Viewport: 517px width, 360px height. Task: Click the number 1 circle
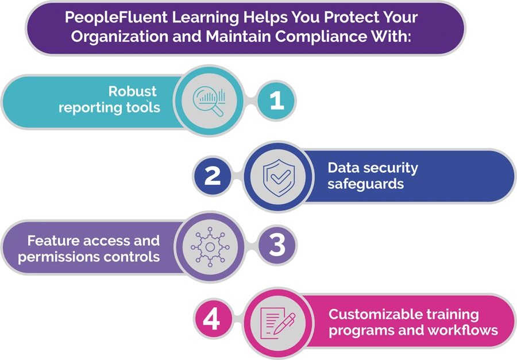click(x=276, y=101)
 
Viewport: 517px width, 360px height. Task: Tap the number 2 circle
click(x=213, y=175)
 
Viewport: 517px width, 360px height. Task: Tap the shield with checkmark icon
click(x=279, y=176)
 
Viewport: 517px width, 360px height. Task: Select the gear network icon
click(x=210, y=247)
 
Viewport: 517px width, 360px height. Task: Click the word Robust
click(x=133, y=91)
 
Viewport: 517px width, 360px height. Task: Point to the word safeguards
click(x=365, y=184)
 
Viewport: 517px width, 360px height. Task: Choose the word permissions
click(x=53, y=257)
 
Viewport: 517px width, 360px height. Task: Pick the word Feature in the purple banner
click(x=53, y=241)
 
